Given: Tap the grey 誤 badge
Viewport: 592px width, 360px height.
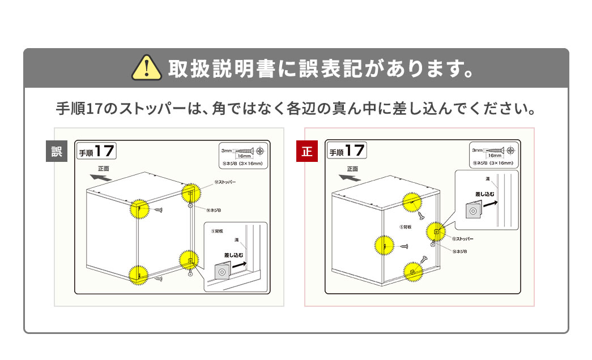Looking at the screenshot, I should pyautogui.click(x=57, y=152).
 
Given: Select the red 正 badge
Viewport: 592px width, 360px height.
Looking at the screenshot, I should pyautogui.click(x=307, y=152).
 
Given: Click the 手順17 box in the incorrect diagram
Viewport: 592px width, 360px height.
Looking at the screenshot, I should pyautogui.click(x=96, y=151).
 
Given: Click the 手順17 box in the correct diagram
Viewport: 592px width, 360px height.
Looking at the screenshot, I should pyautogui.click(x=347, y=151).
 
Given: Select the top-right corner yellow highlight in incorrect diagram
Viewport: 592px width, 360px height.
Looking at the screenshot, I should pyautogui.click(x=191, y=194).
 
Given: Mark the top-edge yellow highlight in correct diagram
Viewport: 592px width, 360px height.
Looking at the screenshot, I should pyautogui.click(x=412, y=202).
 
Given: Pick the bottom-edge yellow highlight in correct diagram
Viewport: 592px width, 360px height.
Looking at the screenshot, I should pyautogui.click(x=414, y=272).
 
